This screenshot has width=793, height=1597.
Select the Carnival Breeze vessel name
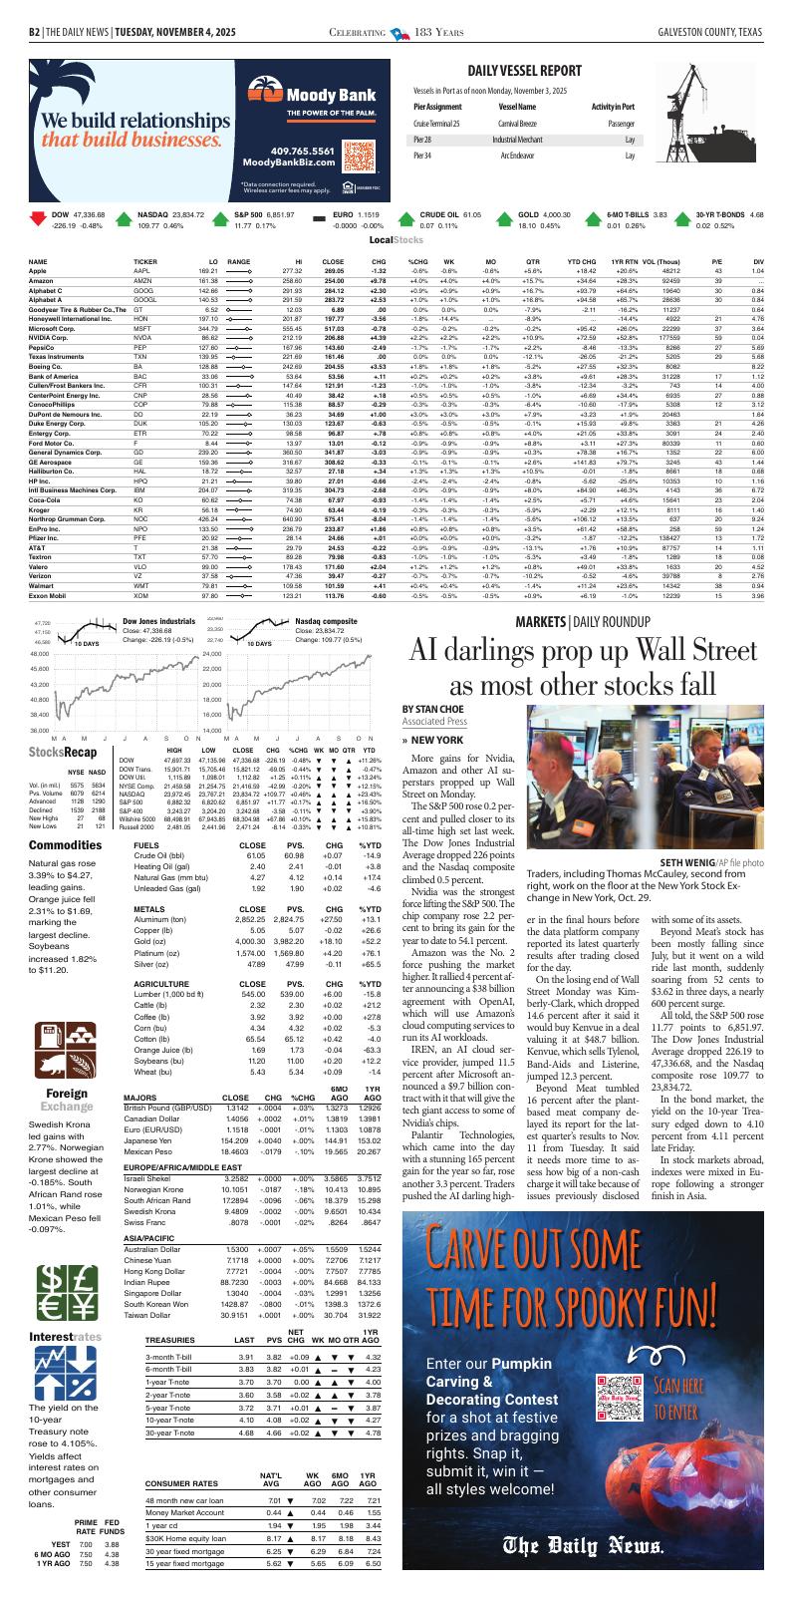pos(518,124)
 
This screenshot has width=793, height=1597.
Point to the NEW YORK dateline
pos(436,740)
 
